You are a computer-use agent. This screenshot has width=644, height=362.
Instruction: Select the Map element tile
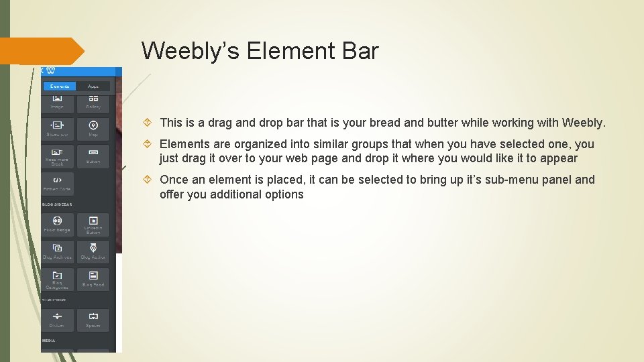[x=93, y=128]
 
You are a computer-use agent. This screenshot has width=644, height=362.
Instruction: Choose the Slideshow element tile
[x=57, y=128]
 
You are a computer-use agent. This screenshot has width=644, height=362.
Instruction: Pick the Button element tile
[x=93, y=156]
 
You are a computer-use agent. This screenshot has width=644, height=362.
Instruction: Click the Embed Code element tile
[x=57, y=183]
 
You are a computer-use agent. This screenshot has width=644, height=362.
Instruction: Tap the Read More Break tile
[x=57, y=156]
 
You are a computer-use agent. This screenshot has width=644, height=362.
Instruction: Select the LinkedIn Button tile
[x=93, y=225]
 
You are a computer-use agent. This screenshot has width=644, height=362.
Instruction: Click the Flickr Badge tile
[x=57, y=225]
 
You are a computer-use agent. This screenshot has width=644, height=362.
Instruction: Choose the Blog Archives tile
[x=57, y=251]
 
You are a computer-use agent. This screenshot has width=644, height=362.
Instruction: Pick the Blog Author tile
[x=93, y=251]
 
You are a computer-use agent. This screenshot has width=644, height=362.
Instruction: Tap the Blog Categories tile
[x=57, y=280]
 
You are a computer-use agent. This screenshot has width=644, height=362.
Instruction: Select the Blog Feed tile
[x=93, y=280]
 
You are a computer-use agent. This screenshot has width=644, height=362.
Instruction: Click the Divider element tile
[x=57, y=320]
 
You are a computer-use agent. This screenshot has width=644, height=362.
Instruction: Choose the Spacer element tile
[x=93, y=320]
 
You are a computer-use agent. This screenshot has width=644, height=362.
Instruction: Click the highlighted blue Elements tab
[x=60, y=86]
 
